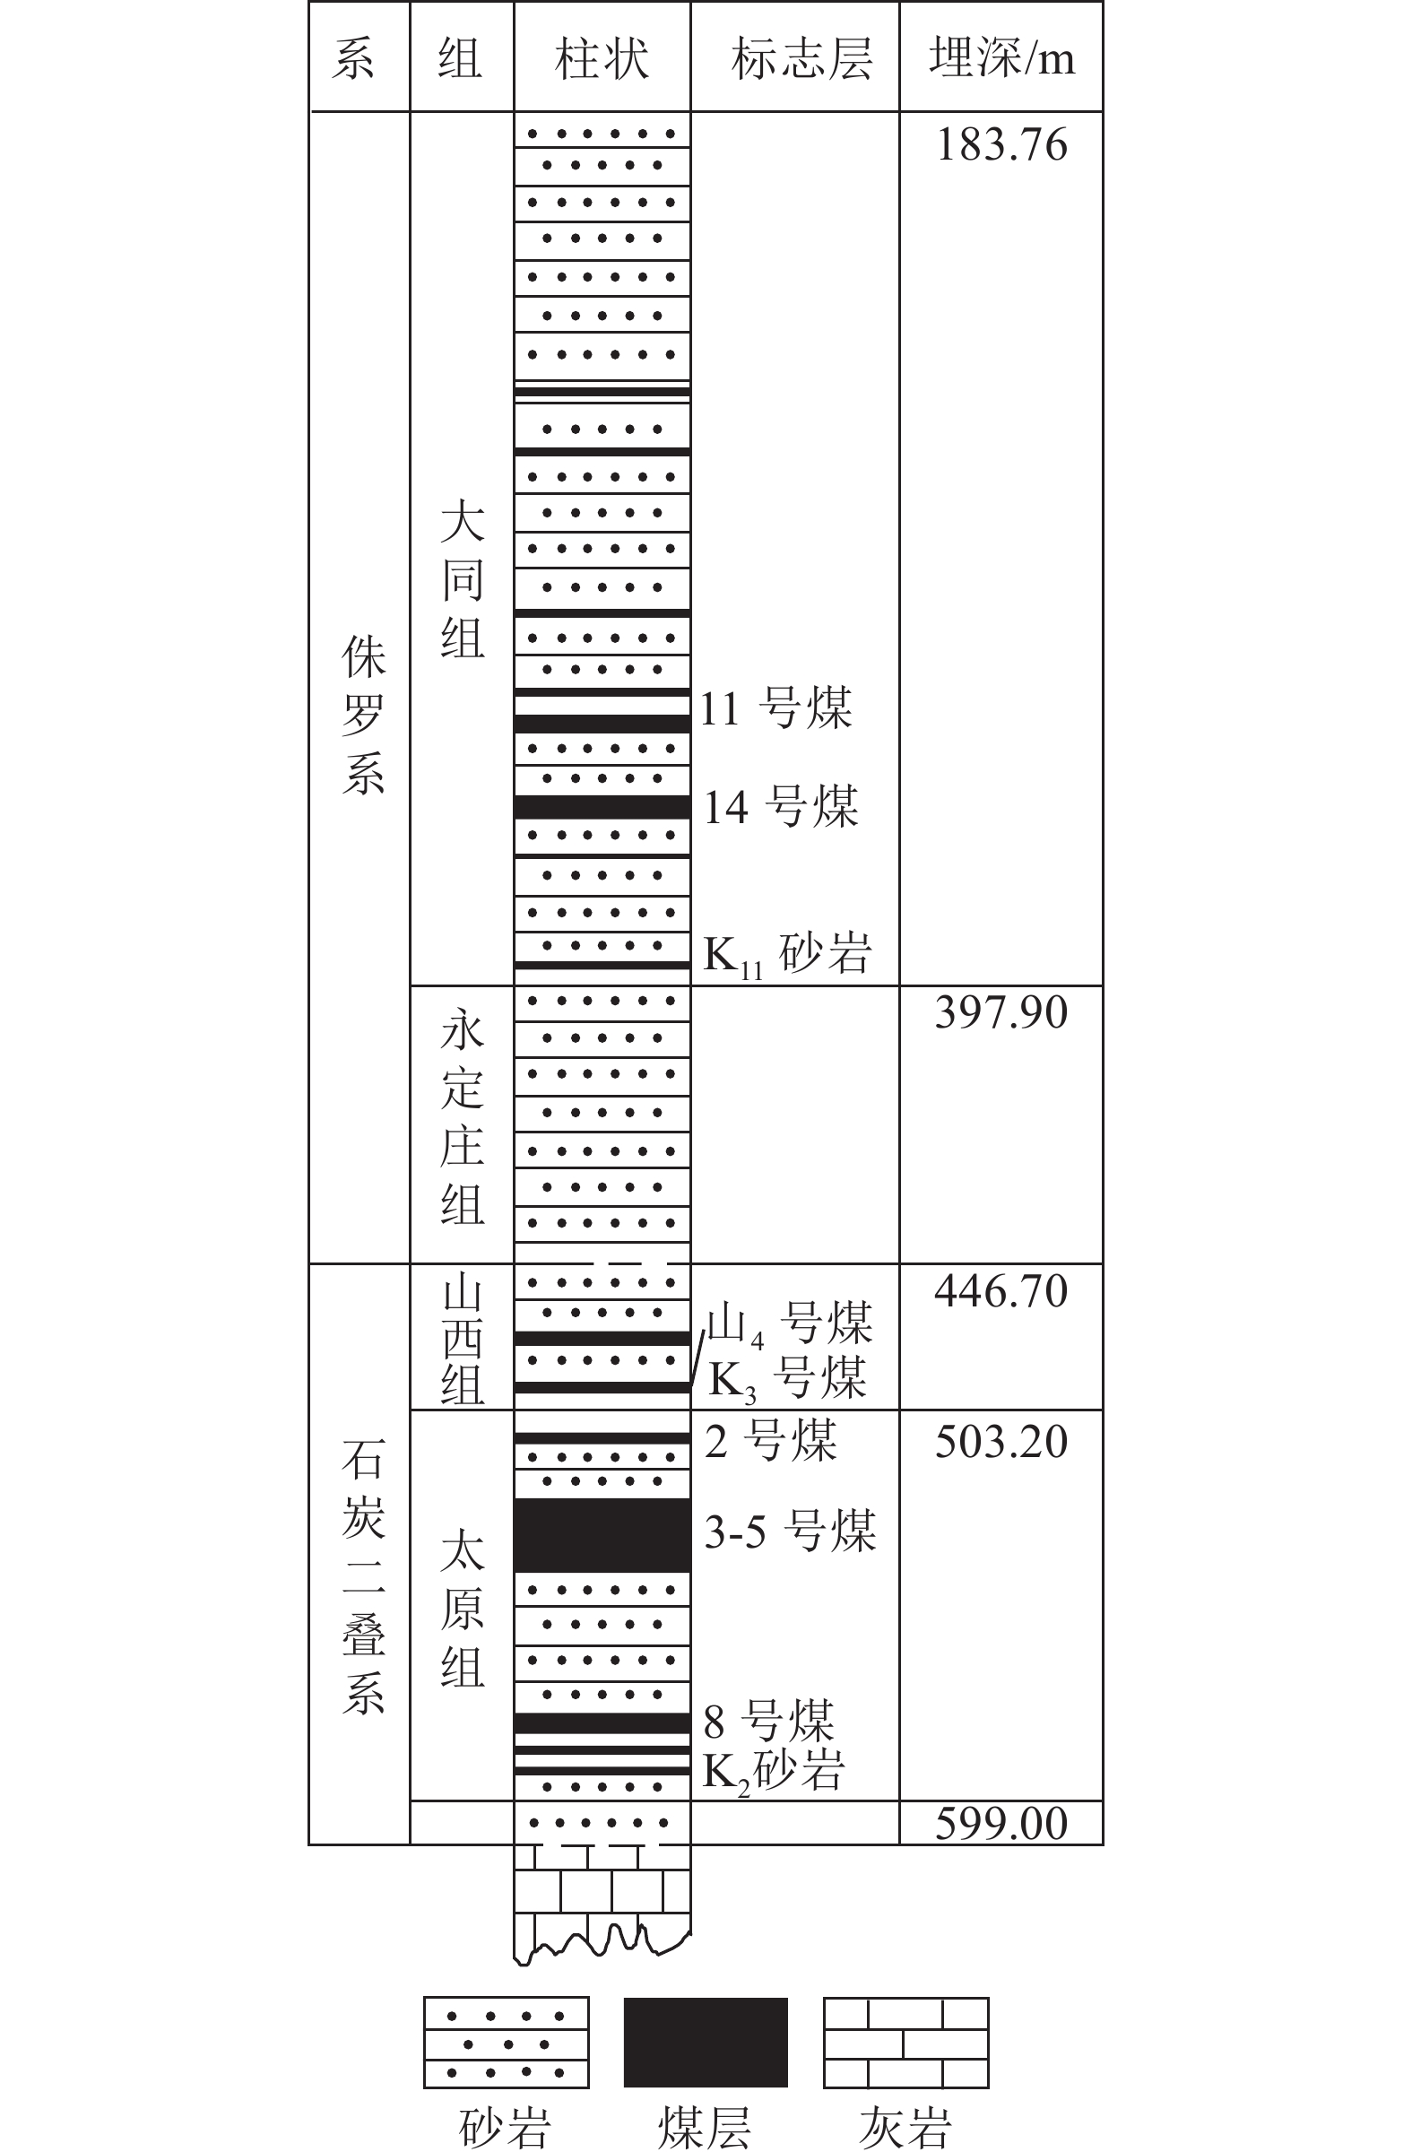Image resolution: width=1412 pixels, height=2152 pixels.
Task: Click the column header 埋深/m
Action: click(1001, 59)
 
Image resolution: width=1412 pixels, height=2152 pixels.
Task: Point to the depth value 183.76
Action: click(1001, 145)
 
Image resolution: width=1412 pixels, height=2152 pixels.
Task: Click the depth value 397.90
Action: click(1001, 1011)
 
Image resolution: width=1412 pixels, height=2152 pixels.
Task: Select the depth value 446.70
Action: click(1001, 1290)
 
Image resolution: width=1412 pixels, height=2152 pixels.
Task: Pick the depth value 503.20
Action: click(1001, 1441)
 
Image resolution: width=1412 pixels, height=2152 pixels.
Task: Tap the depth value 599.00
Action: click(1001, 1822)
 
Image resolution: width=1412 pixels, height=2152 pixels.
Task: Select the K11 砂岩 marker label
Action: click(786, 954)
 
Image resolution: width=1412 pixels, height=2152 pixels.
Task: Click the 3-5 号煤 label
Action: click(790, 1531)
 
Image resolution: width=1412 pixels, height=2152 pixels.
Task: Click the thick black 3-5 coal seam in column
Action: click(602, 1534)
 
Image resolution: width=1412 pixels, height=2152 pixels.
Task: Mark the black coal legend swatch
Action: click(705, 2043)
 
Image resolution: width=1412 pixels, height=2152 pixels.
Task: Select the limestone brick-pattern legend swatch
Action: click(905, 2043)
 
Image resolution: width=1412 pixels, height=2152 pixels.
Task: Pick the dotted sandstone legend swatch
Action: click(507, 2043)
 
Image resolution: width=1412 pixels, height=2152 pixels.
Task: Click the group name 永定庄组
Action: click(462, 1117)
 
